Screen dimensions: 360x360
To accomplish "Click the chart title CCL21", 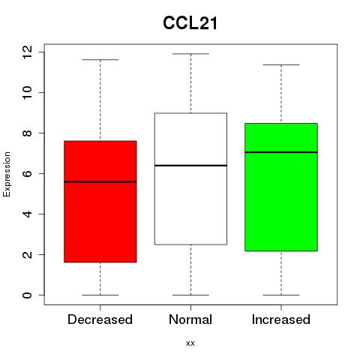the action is (190, 23).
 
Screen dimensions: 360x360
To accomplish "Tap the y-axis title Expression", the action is (7, 174).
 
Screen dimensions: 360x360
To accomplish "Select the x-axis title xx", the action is (190, 343).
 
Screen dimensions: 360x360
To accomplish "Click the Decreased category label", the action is (100, 319).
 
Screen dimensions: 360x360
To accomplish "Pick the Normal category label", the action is (190, 319).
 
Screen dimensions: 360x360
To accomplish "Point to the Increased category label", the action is (281, 319).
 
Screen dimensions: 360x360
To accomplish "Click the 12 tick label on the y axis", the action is (28, 52).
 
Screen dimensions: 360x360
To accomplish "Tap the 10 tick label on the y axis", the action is (28, 92).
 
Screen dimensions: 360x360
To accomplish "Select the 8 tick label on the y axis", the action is (28, 133).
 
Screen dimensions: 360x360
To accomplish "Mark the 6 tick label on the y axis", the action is (28, 173).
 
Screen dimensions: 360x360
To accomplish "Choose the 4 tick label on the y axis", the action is (28, 214).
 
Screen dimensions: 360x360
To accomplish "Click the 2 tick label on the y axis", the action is (28, 254).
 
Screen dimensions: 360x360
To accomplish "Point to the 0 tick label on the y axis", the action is (28, 295).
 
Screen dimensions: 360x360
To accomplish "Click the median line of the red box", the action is (100, 181).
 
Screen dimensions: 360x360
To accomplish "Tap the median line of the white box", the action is (190, 166).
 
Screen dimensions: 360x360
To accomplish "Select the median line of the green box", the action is (281, 152).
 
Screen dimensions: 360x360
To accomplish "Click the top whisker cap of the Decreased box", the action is (100, 60).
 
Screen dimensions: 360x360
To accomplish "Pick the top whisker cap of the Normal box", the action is (190, 54).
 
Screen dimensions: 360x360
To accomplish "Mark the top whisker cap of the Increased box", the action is (281, 64).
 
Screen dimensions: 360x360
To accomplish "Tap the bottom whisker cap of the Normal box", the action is (190, 295).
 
